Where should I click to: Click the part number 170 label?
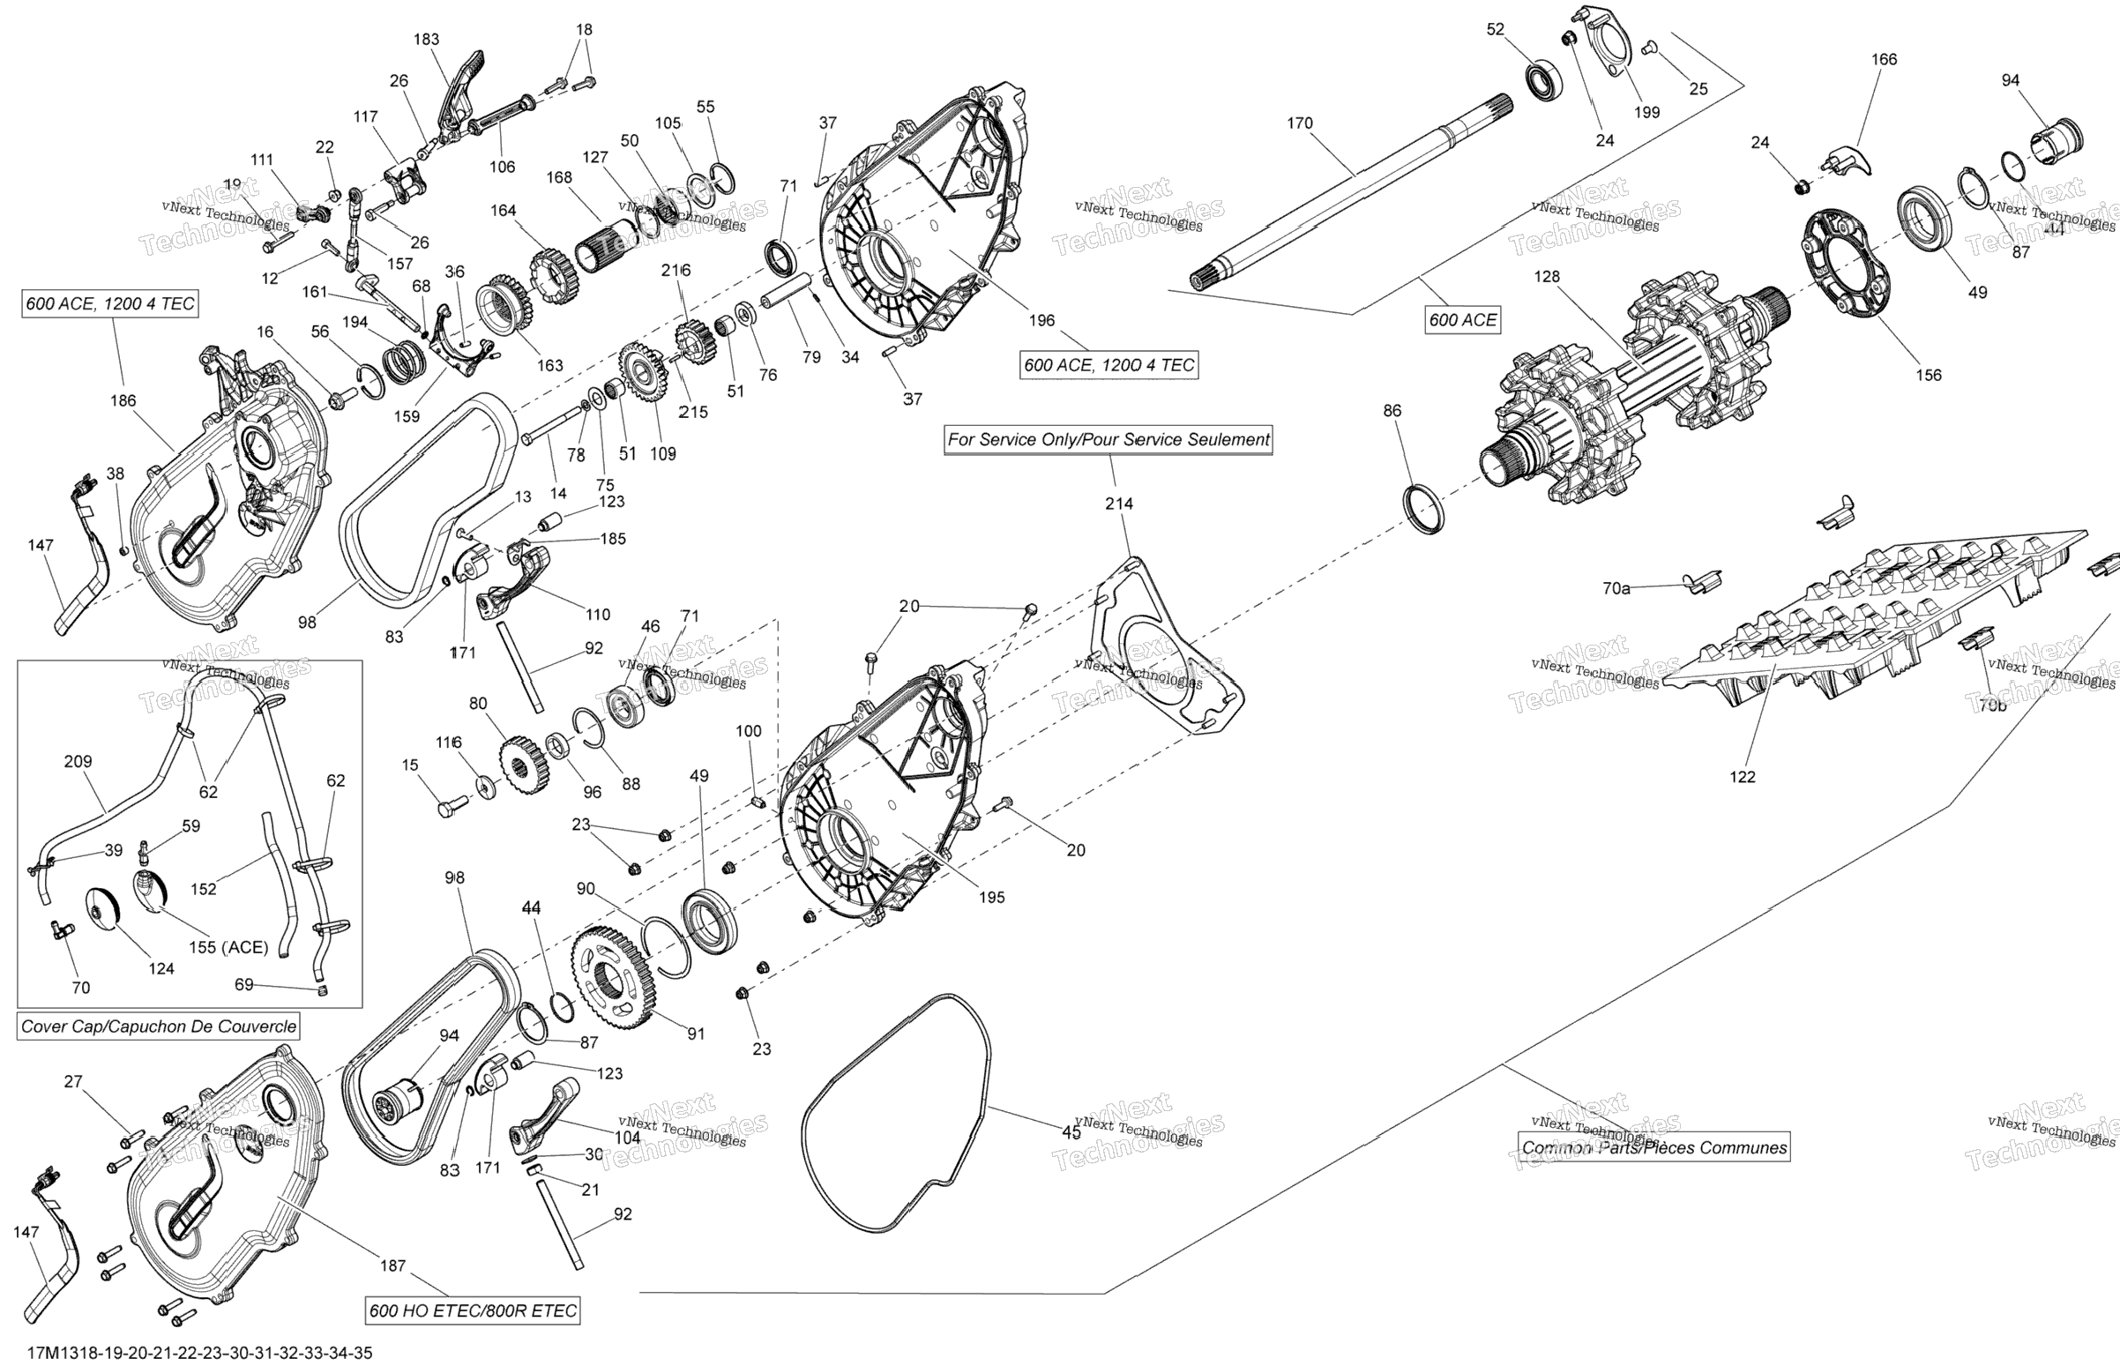pos(1299,123)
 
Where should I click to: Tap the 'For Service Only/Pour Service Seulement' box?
pos(1108,439)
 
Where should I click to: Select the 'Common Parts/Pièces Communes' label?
pos(1653,1148)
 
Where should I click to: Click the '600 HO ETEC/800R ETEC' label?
pos(473,1311)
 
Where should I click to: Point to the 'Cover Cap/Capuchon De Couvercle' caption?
pos(159,1026)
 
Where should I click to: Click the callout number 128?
pos(1546,277)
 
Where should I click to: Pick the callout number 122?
pos(1743,777)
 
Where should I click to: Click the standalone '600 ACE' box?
pos(1462,320)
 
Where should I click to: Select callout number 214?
pos(1118,504)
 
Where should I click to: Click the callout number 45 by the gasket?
pos(1071,1132)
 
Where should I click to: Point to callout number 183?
pos(427,39)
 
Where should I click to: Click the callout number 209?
pos(78,761)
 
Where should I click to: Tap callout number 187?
pos(393,1265)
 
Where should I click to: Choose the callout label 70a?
pos(1616,588)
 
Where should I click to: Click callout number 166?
pos(1884,59)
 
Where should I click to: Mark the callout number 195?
pos(991,898)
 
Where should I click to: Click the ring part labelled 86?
pos(1422,510)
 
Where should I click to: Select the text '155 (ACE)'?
pos(228,947)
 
